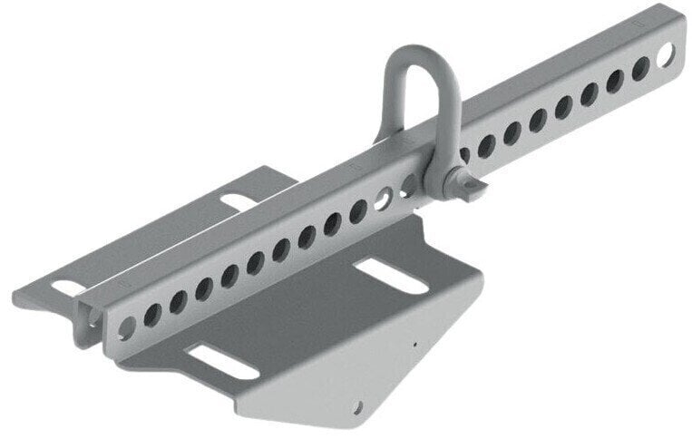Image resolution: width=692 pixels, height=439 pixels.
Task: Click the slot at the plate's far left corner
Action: click(64, 288)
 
